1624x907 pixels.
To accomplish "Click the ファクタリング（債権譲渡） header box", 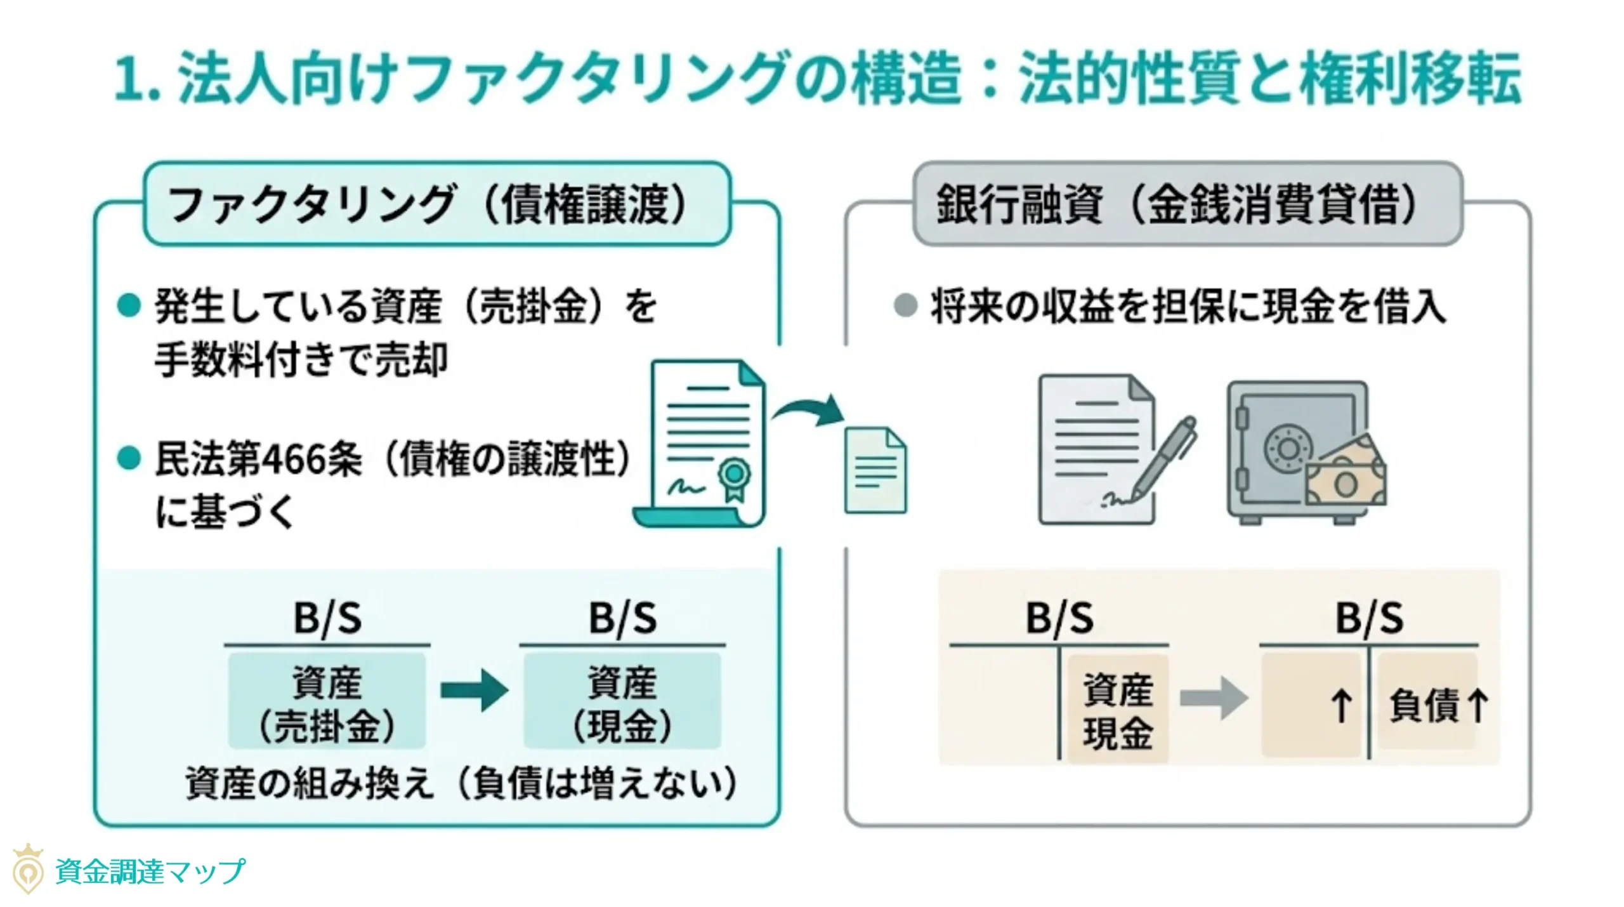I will click(437, 204).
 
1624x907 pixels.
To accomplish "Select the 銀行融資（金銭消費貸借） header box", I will click(1187, 204).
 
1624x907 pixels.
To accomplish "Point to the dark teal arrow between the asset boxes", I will click(474, 690).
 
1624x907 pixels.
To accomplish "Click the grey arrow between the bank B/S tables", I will click(1213, 698).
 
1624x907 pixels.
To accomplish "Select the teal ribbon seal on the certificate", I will click(734, 477).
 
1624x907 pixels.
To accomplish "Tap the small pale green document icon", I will click(875, 470).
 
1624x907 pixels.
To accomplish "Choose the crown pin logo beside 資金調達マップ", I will click(28, 870).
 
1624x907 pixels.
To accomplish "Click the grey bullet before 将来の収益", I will click(905, 305).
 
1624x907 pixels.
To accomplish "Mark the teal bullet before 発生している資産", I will click(129, 305).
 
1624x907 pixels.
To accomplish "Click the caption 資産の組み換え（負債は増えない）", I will click(461, 784).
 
